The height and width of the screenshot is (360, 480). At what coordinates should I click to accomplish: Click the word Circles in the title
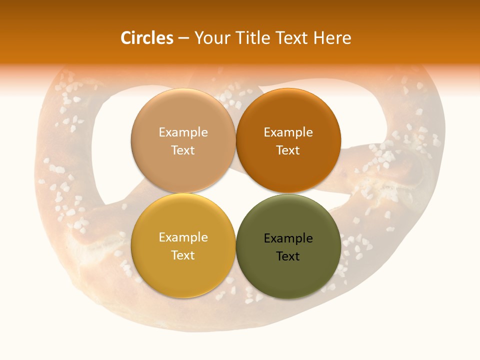click(147, 38)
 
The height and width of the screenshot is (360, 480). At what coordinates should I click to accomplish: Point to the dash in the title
click(183, 38)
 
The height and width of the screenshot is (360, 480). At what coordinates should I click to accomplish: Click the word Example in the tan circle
click(183, 132)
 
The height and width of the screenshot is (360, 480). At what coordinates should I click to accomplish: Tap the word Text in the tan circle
click(183, 150)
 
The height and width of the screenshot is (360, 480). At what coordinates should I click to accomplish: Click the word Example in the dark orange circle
click(288, 132)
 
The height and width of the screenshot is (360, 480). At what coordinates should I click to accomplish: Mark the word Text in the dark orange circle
click(288, 150)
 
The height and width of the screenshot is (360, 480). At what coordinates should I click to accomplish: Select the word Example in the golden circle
click(183, 237)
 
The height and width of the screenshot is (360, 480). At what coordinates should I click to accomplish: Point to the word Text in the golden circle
click(183, 255)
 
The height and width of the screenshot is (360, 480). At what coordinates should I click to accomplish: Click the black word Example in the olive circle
click(288, 238)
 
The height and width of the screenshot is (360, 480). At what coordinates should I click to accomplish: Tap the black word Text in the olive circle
click(288, 256)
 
